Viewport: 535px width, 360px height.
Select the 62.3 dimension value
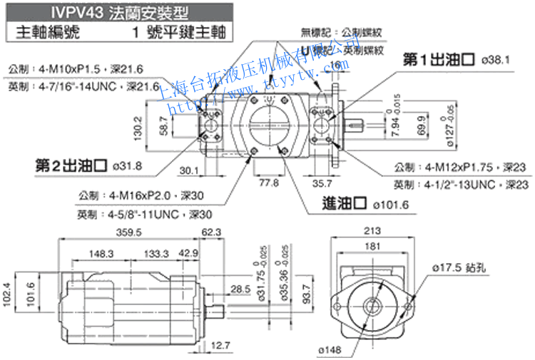click(x=213, y=232)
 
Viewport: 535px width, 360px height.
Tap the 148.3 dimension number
click(x=102, y=254)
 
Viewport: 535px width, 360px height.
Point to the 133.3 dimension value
click(x=156, y=254)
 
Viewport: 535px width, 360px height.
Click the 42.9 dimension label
click(x=189, y=254)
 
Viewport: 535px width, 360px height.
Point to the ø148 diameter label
click(x=330, y=349)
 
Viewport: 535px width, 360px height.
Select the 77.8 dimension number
click(x=268, y=182)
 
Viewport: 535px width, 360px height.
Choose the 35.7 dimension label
click(x=324, y=182)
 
